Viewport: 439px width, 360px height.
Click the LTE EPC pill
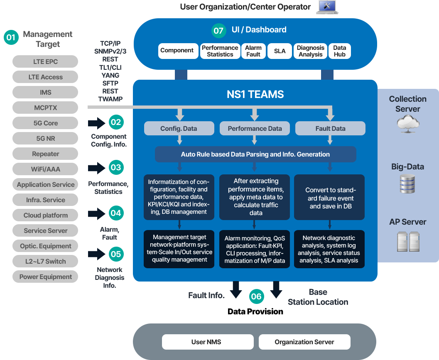pyautogui.click(x=45, y=61)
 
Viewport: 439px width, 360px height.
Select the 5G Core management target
pyautogui.click(x=45, y=123)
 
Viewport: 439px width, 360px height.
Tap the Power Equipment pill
pyautogui.click(x=45, y=277)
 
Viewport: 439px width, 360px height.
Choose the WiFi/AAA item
pyautogui.click(x=45, y=169)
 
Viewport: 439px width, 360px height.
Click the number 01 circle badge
pyautogui.click(x=11, y=38)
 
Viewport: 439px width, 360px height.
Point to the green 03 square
pyautogui.click(x=116, y=168)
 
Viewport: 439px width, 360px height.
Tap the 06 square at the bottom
pyautogui.click(x=256, y=296)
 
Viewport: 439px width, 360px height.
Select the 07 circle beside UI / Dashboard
pyautogui.click(x=218, y=30)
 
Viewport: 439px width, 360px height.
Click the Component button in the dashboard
pyautogui.click(x=177, y=51)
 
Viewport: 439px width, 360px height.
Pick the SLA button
pyautogui.click(x=280, y=51)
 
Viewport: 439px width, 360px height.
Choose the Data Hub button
pyautogui.click(x=340, y=51)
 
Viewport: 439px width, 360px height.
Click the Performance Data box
pyautogui.click(x=255, y=128)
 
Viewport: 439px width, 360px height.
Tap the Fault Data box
pyautogui.click(x=330, y=128)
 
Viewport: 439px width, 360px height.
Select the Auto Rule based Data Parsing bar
pyautogui.click(x=255, y=154)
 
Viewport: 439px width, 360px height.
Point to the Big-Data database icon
pyautogui.click(x=407, y=184)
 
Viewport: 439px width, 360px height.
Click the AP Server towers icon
pyautogui.click(x=408, y=241)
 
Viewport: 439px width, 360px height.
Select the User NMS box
pyautogui.click(x=206, y=342)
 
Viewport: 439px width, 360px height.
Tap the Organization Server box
pyautogui.click(x=304, y=342)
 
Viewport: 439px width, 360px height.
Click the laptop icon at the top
pyautogui.click(x=327, y=7)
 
